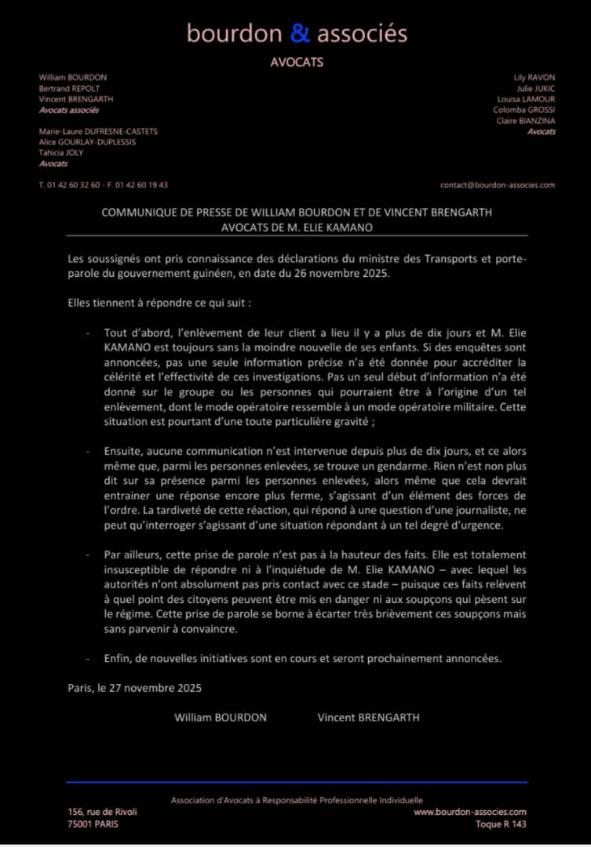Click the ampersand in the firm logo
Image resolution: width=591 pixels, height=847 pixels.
pos(301,33)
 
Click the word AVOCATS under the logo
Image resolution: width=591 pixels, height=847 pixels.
pos(297,62)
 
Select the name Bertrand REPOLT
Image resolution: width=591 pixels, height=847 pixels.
pos(70,89)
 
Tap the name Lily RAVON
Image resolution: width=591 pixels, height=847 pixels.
pos(534,78)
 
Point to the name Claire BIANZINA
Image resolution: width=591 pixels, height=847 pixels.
pos(525,121)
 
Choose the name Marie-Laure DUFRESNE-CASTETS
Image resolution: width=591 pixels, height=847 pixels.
pos(98,132)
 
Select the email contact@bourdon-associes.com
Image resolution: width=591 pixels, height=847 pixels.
pos(498,185)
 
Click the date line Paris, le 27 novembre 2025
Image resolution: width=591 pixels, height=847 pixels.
pos(135,688)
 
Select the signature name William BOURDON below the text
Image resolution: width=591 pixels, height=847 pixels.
pos(221,717)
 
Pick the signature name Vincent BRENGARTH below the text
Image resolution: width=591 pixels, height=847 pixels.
pos(369,717)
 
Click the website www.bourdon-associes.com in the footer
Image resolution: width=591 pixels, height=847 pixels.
pos(470,812)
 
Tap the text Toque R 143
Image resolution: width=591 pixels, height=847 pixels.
pos(501,824)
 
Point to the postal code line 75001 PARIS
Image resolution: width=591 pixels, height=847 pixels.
pos(94,824)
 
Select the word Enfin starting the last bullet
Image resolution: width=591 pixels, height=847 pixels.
pos(118,658)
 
